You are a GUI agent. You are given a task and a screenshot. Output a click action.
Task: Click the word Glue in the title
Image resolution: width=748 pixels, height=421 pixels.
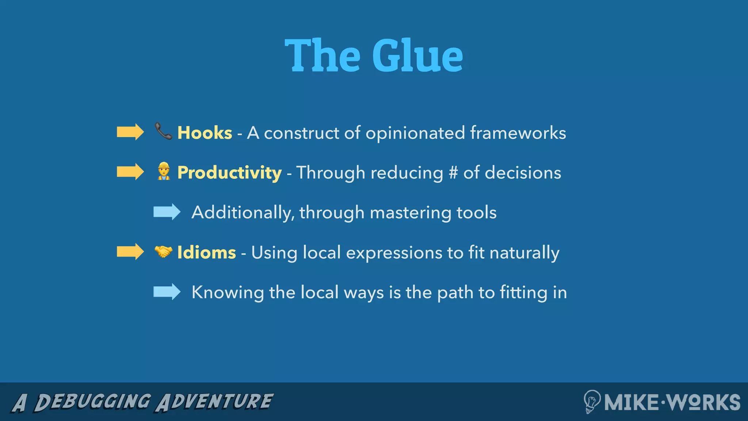point(417,56)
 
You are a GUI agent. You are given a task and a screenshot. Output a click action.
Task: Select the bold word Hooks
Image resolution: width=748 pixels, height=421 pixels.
point(205,133)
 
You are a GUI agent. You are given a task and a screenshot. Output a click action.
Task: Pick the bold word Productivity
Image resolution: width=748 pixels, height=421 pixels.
point(229,172)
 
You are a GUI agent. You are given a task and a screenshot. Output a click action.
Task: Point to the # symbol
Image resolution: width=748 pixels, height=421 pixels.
point(453,172)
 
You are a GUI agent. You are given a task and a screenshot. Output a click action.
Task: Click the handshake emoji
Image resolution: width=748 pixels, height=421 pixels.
point(163,251)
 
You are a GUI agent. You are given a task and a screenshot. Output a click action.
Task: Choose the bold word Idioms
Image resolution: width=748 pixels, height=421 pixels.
point(206,253)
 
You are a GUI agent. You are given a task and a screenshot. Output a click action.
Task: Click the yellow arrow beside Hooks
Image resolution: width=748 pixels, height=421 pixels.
point(130,132)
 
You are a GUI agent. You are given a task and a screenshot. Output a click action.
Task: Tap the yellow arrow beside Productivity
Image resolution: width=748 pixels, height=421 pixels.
point(130,172)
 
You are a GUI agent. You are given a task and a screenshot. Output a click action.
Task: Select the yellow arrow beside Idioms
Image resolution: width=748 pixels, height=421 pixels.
point(130,252)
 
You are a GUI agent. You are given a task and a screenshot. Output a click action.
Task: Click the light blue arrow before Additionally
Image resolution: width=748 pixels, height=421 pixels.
point(167,212)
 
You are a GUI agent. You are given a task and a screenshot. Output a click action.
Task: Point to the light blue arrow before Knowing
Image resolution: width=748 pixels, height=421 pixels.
point(167,292)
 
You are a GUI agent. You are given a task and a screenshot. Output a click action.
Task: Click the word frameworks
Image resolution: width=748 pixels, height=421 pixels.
point(518,133)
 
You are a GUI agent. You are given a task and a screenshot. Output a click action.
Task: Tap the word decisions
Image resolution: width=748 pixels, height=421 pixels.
point(523,172)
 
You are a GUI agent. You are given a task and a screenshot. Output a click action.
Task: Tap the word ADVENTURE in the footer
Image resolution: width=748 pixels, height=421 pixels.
point(214,402)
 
